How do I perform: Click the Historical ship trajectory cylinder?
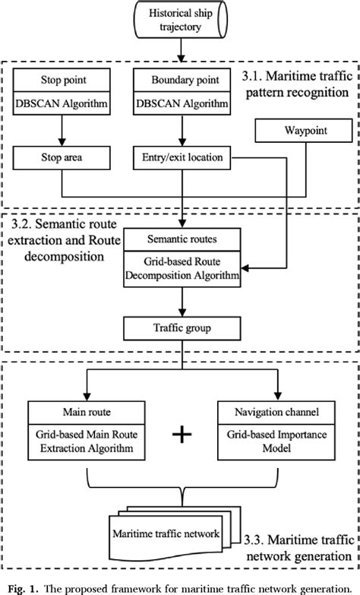179,21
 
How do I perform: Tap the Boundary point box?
180,78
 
